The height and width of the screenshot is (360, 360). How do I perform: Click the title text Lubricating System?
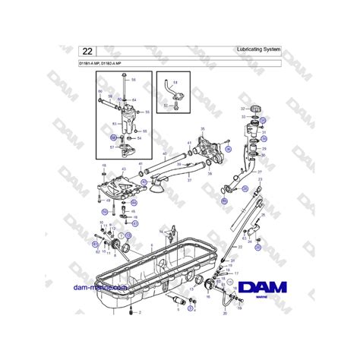coord(259,49)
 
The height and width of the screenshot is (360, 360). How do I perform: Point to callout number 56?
coord(134,80)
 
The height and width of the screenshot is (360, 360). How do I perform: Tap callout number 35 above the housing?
coord(202,130)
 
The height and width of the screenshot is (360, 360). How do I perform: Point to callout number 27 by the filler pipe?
coord(261,172)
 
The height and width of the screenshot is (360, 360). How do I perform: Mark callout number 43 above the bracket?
coord(124,169)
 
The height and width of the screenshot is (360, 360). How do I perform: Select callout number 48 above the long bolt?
coord(103,164)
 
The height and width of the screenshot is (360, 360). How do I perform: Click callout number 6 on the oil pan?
coord(152,245)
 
